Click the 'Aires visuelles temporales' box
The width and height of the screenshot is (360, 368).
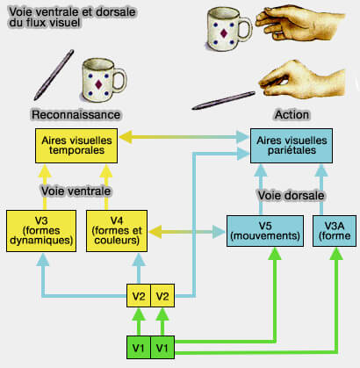click(76, 145)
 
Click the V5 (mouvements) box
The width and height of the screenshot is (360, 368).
click(261, 231)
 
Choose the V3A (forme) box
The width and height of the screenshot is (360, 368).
click(332, 231)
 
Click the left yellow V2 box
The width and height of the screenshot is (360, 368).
click(138, 295)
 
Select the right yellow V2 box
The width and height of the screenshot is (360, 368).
click(163, 295)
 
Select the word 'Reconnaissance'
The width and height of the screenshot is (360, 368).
click(76, 114)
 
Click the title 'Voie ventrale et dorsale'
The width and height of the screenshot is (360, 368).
click(67, 12)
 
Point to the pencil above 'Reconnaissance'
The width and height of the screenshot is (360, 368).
click(55, 74)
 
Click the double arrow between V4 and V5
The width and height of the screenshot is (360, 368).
click(188, 232)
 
